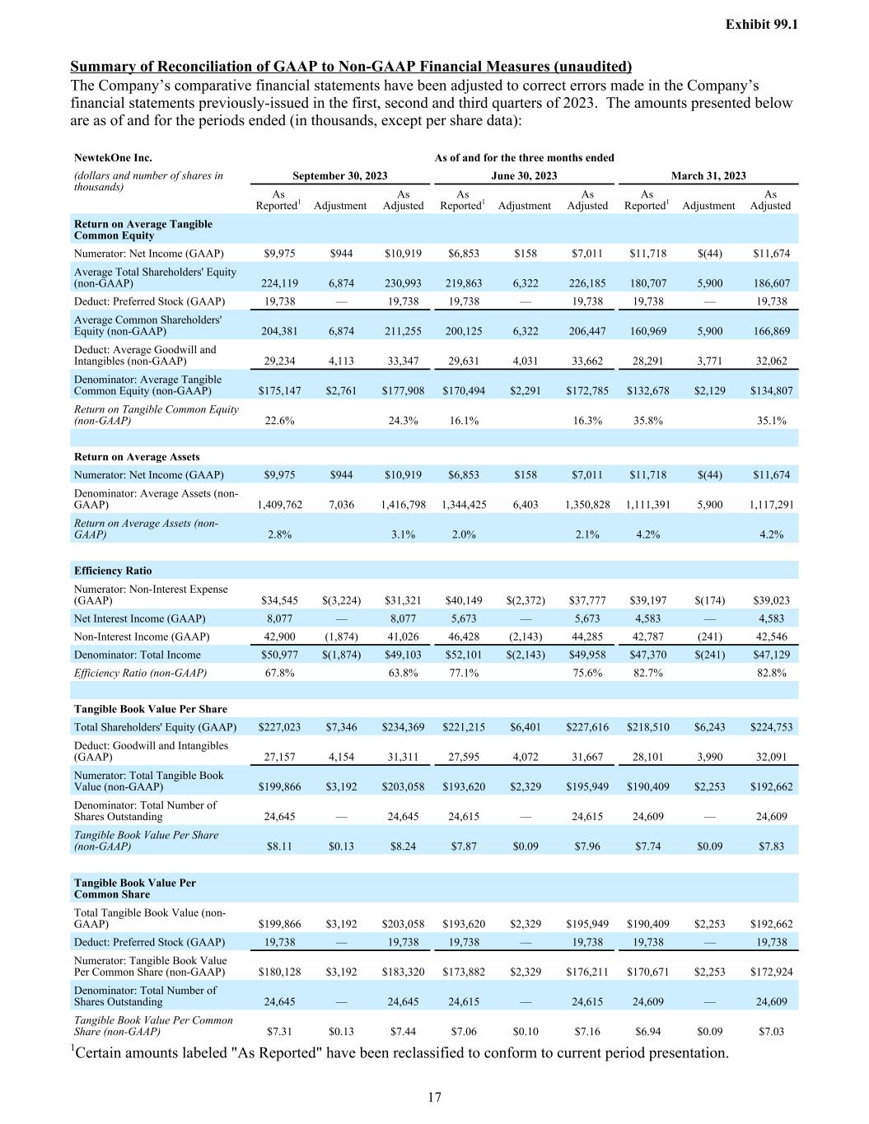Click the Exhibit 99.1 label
click(761, 25)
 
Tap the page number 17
click(435, 1097)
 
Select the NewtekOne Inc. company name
click(113, 157)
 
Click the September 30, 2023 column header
click(340, 175)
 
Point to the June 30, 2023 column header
click(524, 175)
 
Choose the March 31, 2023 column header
click(708, 175)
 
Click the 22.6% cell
click(279, 420)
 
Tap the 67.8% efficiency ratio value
click(279, 673)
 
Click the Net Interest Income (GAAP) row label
click(140, 618)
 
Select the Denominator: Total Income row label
click(137, 655)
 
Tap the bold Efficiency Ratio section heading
click(113, 571)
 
